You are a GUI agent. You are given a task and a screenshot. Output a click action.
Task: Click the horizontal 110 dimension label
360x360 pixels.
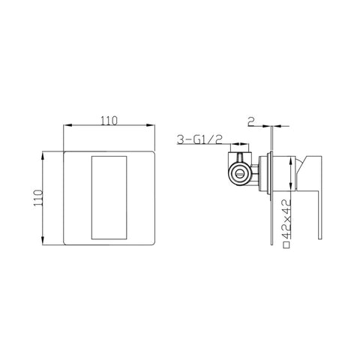point(109,121)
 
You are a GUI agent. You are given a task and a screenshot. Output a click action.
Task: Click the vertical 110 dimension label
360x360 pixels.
point(38,198)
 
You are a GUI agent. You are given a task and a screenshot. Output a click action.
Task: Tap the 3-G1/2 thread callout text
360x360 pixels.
point(199,139)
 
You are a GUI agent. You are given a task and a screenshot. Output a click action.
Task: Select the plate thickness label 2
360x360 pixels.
point(250,121)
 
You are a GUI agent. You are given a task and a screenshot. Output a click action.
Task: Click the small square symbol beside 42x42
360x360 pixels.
point(286,244)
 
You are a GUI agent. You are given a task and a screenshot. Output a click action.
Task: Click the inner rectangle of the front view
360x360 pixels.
point(109,197)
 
